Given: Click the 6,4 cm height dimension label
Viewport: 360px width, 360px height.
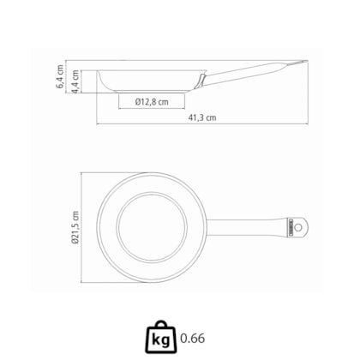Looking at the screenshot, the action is [x=61, y=76].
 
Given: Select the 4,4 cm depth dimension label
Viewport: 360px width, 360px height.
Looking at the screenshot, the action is [x=75, y=81].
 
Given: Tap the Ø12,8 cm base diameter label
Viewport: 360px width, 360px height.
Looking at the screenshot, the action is [x=152, y=102].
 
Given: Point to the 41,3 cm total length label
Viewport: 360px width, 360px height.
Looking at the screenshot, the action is [x=202, y=117].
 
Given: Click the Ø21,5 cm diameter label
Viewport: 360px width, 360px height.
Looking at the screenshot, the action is [x=75, y=228].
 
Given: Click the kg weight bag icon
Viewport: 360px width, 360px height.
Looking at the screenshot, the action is [x=161, y=337].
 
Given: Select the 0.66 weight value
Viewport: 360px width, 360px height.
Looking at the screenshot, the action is [x=192, y=339].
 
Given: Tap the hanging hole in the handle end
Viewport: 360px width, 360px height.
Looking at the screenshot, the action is [x=298, y=227].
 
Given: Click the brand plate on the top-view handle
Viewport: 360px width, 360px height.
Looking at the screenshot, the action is [x=289, y=228].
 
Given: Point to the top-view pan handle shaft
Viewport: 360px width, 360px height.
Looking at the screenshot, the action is [x=246, y=228].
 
